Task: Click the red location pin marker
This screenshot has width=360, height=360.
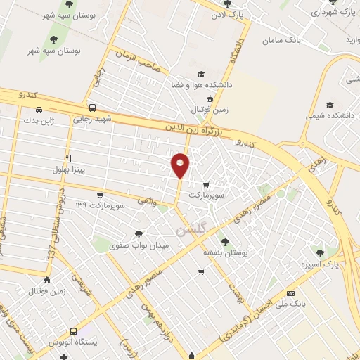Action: click(181, 165)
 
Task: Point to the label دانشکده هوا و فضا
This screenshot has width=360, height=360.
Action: click(200, 85)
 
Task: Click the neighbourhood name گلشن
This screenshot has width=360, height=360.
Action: click(186, 229)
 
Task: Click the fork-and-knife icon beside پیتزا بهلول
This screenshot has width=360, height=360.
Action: click(68, 158)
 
